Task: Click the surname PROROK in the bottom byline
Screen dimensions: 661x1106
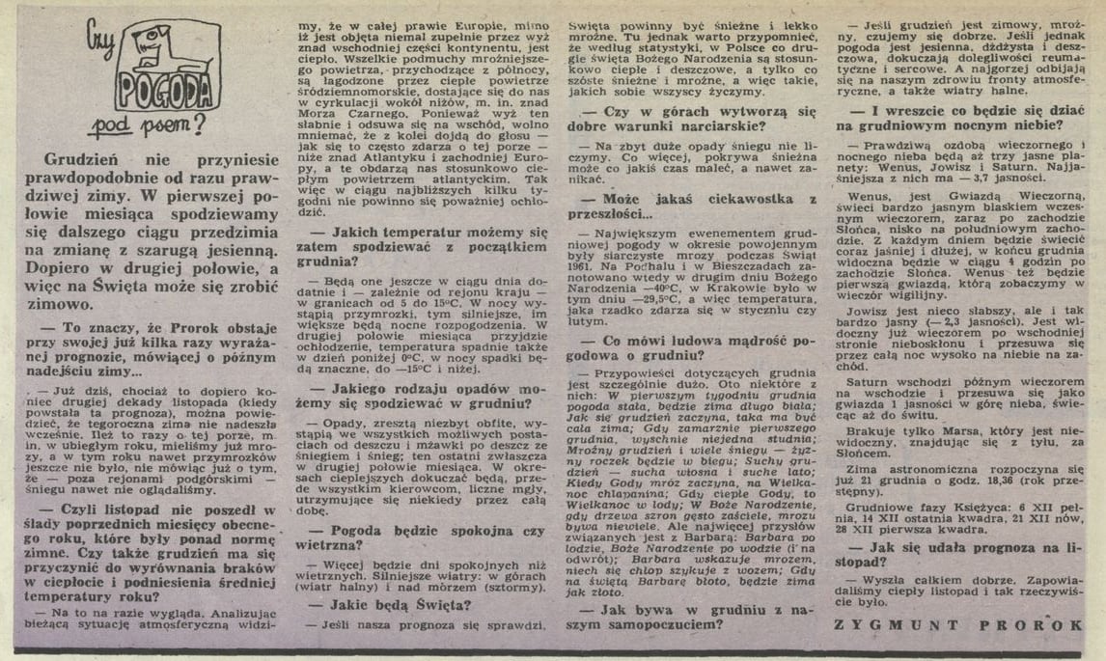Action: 1032,625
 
